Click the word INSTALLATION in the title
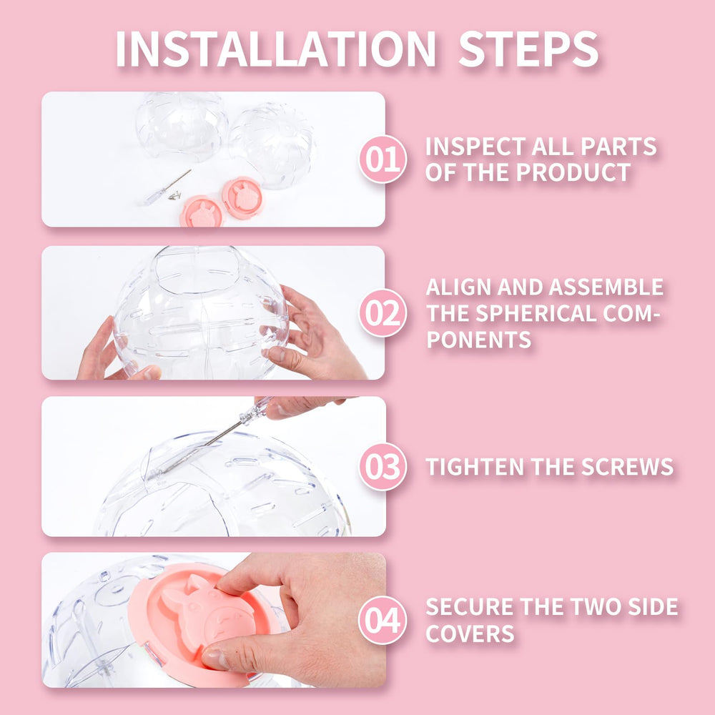coord(275,49)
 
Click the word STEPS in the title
coord(528,49)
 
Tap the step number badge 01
coord(383,159)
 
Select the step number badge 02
coord(383,313)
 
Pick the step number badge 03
coord(383,466)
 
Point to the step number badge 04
coord(383,620)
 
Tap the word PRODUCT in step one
coord(573,172)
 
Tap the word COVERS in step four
coord(470,633)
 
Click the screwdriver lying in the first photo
coord(167,187)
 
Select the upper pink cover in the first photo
coord(242,198)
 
